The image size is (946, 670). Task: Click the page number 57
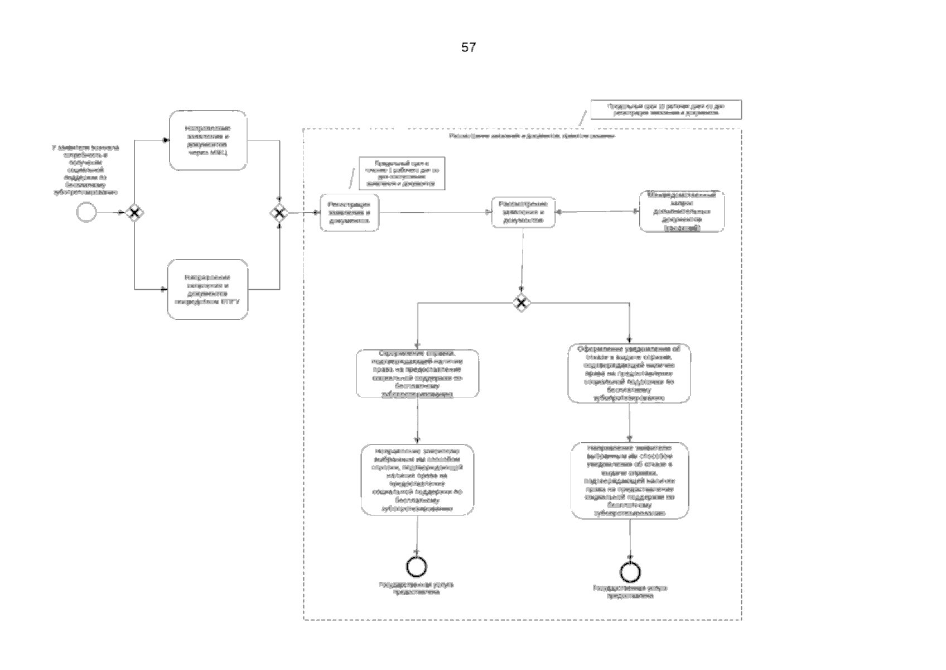point(469,48)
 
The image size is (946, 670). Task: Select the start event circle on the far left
point(86,212)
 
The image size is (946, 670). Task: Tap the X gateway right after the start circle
point(134,212)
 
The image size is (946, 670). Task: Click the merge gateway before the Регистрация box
point(279,213)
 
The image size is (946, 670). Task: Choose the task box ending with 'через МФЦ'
point(208,140)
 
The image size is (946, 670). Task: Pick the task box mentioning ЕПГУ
point(208,289)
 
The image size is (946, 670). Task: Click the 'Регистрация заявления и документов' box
point(350,212)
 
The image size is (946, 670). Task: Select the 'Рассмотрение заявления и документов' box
point(523,212)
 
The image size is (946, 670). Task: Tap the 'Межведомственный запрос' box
point(682,212)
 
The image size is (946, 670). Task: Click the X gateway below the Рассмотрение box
point(521,303)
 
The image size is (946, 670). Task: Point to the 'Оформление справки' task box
point(418,374)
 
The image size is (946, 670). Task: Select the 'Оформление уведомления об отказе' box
point(629,374)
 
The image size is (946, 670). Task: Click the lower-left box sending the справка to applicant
point(417,480)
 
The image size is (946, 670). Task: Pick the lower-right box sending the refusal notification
point(630,481)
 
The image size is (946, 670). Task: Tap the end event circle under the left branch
point(417,567)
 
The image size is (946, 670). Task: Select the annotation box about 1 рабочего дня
point(402,174)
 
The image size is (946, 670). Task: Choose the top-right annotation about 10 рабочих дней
point(666,109)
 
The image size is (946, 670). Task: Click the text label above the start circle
point(85,170)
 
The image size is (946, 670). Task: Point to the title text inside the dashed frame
point(532,136)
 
